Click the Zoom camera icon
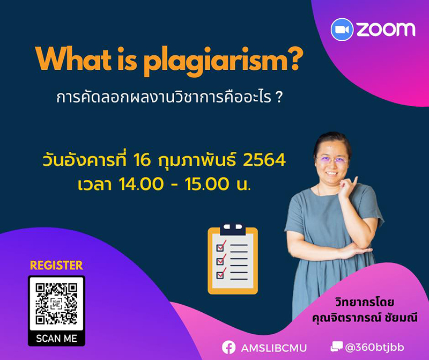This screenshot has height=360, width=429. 342,30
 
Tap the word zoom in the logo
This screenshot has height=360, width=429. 386,29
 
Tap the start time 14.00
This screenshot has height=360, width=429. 141,184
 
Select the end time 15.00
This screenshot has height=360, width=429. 207,184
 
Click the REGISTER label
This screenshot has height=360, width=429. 56,265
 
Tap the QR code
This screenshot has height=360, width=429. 56,304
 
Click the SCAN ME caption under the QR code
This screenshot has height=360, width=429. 56,339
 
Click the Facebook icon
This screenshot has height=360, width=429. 229,348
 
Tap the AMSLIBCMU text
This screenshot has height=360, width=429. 273,348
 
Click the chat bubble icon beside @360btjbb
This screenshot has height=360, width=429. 336,347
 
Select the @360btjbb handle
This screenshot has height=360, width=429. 374,347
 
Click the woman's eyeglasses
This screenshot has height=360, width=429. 331,160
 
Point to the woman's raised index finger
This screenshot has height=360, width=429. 355,181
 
